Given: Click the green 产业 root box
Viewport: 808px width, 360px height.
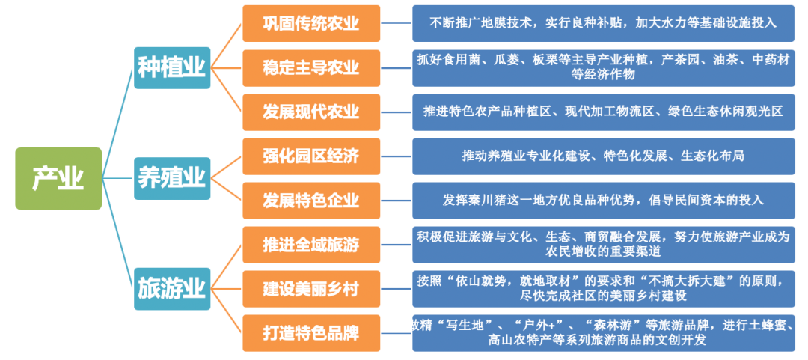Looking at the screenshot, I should (x=58, y=178).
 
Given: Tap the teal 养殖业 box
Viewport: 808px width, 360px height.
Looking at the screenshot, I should (x=172, y=178).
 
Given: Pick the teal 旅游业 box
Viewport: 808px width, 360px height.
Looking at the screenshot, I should (x=172, y=287).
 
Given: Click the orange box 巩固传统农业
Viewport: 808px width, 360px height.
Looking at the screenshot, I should (x=311, y=23).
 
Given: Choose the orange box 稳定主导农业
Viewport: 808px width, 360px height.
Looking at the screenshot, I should (x=311, y=67).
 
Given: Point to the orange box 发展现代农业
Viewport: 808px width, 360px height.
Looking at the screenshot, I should (x=311, y=112).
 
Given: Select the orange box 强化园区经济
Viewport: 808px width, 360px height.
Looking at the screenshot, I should (x=311, y=156).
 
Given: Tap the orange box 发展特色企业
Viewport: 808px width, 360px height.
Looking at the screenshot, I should (x=311, y=200).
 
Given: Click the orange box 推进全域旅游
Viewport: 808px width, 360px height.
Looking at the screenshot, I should (x=311, y=244).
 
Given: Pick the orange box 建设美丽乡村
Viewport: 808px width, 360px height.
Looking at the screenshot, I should (x=311, y=288).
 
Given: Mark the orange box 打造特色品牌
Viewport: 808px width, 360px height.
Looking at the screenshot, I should (x=311, y=332).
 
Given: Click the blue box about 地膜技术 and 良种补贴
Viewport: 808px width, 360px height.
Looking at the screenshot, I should (x=604, y=23).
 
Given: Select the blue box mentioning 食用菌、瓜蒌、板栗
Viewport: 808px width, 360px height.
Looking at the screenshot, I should (x=604, y=67).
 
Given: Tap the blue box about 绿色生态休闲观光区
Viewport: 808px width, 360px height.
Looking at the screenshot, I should (x=604, y=112).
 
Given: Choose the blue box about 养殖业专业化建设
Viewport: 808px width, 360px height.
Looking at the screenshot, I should (x=604, y=156).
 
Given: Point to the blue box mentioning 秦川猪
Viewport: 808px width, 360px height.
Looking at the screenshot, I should (x=604, y=200).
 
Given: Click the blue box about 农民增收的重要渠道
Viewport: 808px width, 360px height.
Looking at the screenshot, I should (x=604, y=244).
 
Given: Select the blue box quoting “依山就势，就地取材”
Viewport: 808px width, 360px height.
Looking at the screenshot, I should (x=604, y=288).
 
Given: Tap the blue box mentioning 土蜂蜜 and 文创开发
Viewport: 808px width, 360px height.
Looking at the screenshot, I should (x=604, y=332).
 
